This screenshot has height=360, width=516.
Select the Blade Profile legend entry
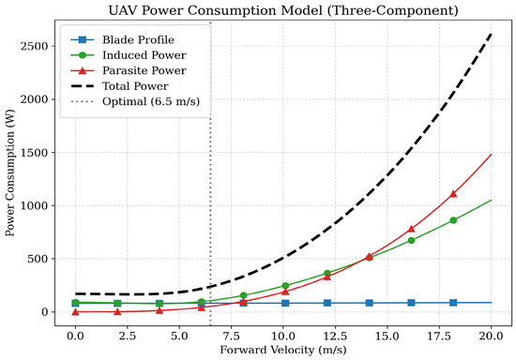click(x=122, y=39)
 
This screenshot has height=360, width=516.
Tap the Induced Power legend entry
click(x=129, y=55)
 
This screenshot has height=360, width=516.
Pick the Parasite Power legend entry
click(x=129, y=70)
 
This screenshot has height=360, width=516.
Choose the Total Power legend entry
click(x=119, y=86)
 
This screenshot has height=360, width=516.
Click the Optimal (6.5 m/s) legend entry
click(x=135, y=101)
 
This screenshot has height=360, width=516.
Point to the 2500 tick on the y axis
click(x=34, y=46)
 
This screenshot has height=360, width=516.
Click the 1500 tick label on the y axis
click(x=34, y=153)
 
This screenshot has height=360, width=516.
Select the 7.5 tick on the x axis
click(x=232, y=336)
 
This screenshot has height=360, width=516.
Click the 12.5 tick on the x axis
click(x=335, y=336)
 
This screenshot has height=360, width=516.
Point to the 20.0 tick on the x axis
click(x=492, y=336)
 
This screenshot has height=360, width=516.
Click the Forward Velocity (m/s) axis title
click(x=283, y=350)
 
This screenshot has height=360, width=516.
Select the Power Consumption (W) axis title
click(x=10, y=172)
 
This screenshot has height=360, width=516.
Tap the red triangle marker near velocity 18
click(x=453, y=194)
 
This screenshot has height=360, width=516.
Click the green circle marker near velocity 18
click(x=453, y=220)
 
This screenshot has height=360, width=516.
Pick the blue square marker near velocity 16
click(x=411, y=303)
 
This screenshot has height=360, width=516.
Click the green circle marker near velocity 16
click(x=411, y=240)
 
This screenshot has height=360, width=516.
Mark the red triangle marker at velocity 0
click(x=75, y=311)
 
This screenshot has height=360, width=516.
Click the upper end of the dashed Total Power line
click(x=492, y=34)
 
